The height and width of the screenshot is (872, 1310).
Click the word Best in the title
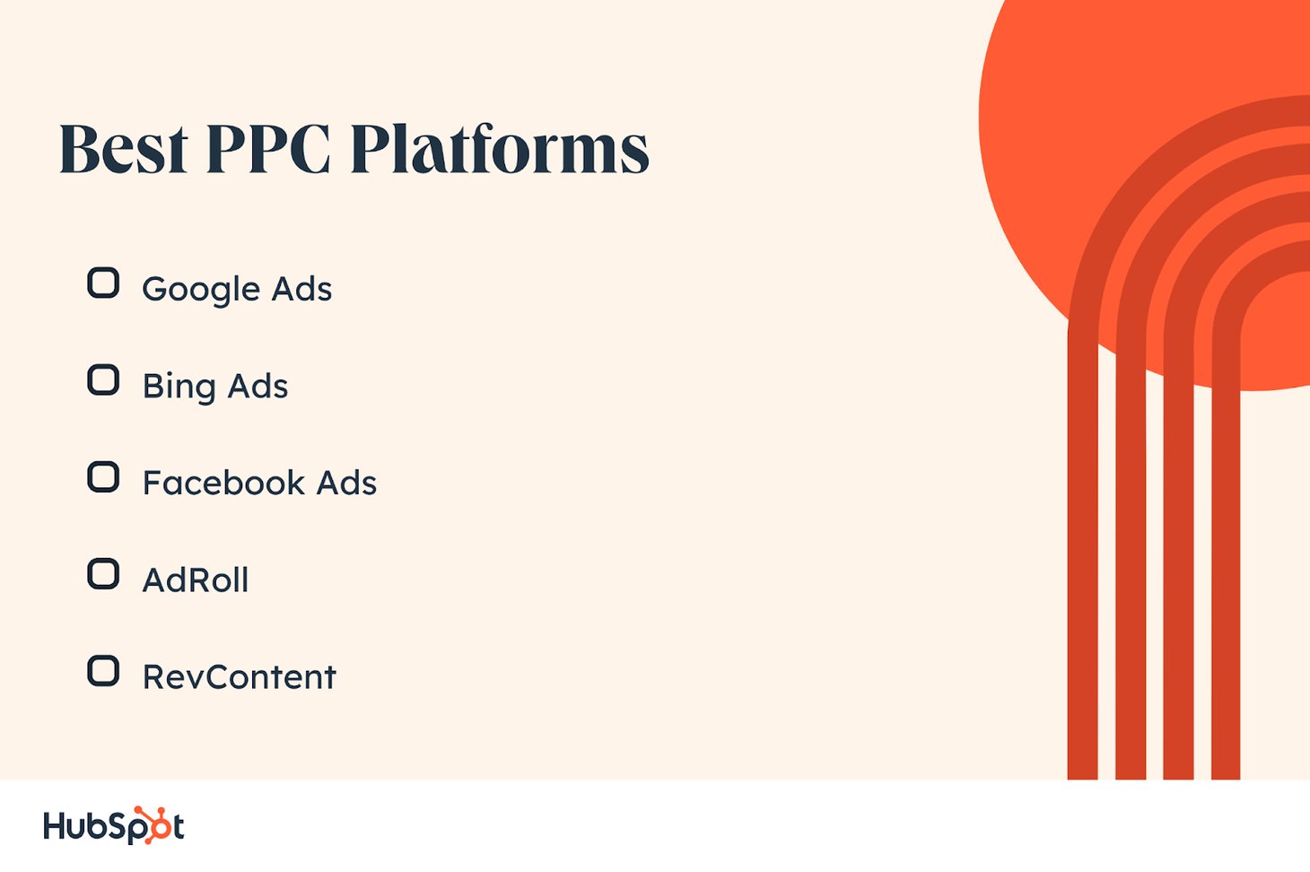(x=124, y=149)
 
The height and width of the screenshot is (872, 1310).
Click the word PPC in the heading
(x=268, y=149)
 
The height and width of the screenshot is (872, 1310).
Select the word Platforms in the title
(x=500, y=149)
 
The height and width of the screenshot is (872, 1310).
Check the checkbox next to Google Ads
(x=103, y=283)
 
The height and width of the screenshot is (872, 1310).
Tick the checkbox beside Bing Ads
(x=103, y=380)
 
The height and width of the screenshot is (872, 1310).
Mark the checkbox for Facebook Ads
(x=103, y=476)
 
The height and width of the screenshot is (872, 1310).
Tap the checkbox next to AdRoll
(x=103, y=574)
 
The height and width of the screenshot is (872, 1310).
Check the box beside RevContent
(x=103, y=670)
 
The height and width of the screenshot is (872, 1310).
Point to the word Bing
(x=179, y=388)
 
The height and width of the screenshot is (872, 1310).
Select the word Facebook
(x=223, y=483)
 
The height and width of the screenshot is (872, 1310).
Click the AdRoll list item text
(x=196, y=580)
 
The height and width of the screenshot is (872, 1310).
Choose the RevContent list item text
(x=240, y=677)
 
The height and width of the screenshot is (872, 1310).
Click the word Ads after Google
(x=301, y=289)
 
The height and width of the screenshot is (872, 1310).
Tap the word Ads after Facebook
(x=347, y=483)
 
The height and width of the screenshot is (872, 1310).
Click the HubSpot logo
(x=114, y=825)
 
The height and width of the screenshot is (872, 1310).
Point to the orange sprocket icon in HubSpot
(x=150, y=824)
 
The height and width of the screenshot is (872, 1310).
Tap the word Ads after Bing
(x=258, y=386)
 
